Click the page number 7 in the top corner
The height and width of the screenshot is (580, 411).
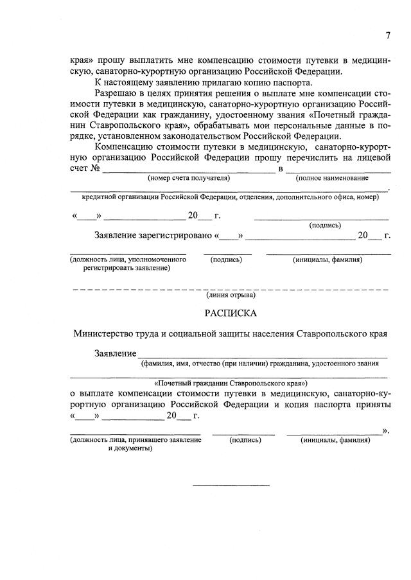coord(387,35)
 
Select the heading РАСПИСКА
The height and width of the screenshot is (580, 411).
coord(231,313)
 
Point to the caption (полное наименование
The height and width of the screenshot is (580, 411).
coord(331,178)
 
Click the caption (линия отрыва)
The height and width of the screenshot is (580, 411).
coord(231,295)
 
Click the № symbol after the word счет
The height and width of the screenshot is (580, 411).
coord(95,168)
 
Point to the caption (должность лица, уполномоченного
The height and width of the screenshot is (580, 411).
coord(128,259)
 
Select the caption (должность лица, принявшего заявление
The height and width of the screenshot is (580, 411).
coord(135,440)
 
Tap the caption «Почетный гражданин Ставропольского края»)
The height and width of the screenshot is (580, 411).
coord(229,382)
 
